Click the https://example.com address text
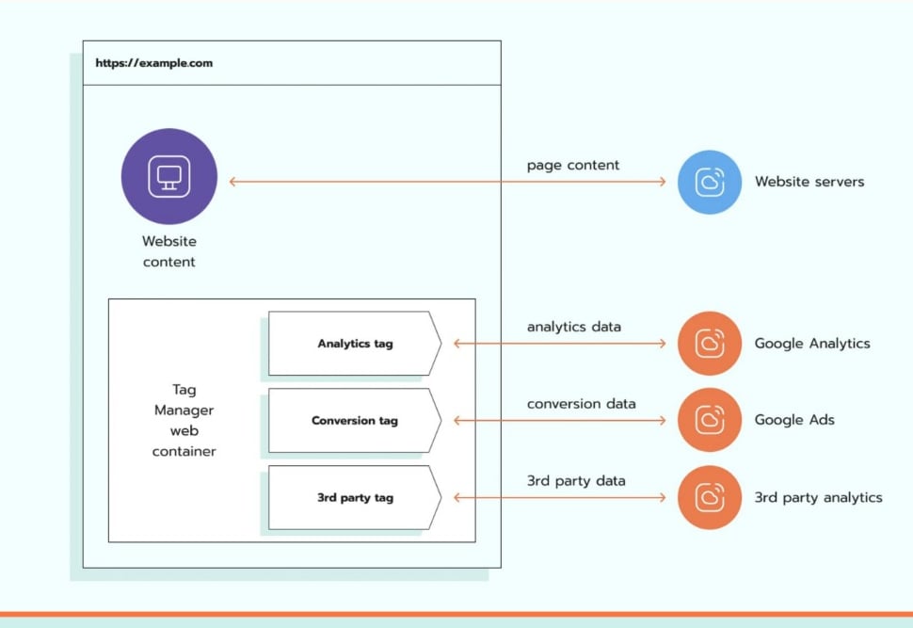[x=153, y=63]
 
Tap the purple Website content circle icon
[x=168, y=176]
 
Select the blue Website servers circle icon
[x=709, y=182]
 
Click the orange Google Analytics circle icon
[x=709, y=343]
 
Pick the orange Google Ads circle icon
[x=709, y=420]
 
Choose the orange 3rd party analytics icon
[x=709, y=497]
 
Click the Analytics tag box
[x=355, y=343]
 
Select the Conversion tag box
[x=355, y=420]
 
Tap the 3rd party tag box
[x=355, y=497]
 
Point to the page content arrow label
[x=573, y=166]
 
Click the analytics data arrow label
[x=574, y=327]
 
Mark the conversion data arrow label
[x=581, y=404]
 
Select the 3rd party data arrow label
[x=576, y=480]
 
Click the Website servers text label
[x=809, y=182]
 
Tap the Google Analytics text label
[x=812, y=344]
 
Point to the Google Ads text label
[x=794, y=420]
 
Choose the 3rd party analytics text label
[x=818, y=497]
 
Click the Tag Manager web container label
[x=184, y=420]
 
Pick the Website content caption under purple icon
[x=168, y=251]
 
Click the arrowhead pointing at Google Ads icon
[x=663, y=420]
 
